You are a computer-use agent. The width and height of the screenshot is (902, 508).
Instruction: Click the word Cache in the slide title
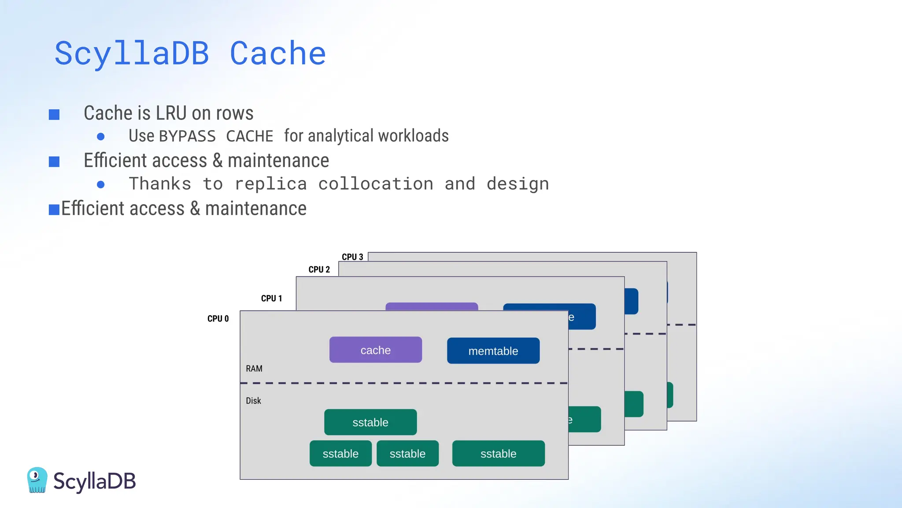[x=277, y=53]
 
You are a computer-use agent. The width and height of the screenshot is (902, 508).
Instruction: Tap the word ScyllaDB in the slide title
[x=131, y=53]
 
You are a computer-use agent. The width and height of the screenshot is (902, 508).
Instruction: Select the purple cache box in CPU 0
[x=375, y=350]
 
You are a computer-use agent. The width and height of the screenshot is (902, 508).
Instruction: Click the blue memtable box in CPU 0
[x=493, y=351]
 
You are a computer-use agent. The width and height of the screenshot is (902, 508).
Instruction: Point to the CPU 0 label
[x=218, y=318]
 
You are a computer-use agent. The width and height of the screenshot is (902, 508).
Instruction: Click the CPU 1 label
[x=271, y=298]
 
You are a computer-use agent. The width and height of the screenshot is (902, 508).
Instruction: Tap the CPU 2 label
[x=319, y=269]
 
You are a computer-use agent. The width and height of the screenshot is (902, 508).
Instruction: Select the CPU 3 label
[x=352, y=257]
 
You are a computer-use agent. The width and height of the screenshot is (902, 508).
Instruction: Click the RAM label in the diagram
[x=254, y=368]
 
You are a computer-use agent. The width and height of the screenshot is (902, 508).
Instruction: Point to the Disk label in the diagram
[x=253, y=400]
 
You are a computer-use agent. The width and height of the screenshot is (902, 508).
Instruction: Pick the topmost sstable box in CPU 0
[x=370, y=422]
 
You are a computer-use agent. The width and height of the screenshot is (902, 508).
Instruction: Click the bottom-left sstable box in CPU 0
[x=340, y=453]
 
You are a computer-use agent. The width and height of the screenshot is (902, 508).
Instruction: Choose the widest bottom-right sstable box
[x=498, y=453]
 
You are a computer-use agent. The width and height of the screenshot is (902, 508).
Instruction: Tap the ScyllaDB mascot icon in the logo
[x=37, y=480]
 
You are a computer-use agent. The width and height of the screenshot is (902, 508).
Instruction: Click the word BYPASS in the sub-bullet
[x=187, y=136]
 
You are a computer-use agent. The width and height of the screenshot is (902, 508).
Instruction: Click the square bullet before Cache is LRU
[x=54, y=115]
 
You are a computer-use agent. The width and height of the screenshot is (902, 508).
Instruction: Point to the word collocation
[x=376, y=184]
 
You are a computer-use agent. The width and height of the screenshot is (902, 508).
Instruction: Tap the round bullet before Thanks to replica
[x=101, y=184]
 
